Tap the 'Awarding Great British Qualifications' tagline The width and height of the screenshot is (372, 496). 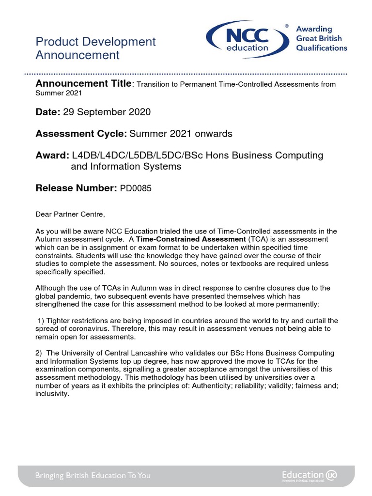(322, 39)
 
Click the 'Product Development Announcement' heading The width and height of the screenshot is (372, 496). (95, 48)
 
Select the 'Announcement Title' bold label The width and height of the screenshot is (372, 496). (83, 84)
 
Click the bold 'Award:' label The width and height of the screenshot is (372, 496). (52, 155)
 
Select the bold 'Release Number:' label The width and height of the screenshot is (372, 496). (77, 188)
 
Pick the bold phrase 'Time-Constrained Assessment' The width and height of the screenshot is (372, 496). (191, 239)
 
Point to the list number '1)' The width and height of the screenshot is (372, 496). (41, 321)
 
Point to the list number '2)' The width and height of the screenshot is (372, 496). (40, 353)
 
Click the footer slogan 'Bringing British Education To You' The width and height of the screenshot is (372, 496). (93, 475)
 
